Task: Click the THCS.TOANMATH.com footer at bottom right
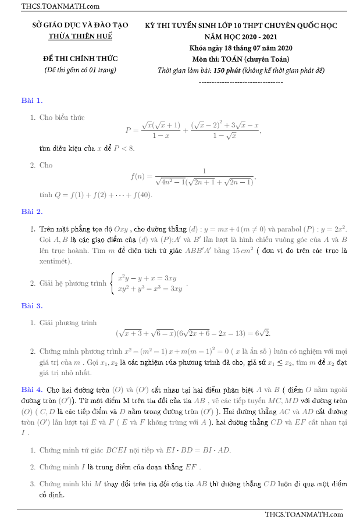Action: tap(304, 514)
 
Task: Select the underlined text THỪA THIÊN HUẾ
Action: tap(80, 36)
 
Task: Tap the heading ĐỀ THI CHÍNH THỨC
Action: tap(80, 59)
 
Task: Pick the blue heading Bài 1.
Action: tap(32, 101)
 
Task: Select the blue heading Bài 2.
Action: tap(32, 211)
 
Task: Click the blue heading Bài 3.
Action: tap(32, 305)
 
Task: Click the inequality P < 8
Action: tap(123, 148)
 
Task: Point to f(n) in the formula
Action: tap(140, 176)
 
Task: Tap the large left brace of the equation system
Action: tap(112, 283)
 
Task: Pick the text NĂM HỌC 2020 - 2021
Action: tap(241, 36)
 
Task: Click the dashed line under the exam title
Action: tap(241, 82)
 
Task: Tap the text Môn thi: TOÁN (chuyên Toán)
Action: tap(241, 59)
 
